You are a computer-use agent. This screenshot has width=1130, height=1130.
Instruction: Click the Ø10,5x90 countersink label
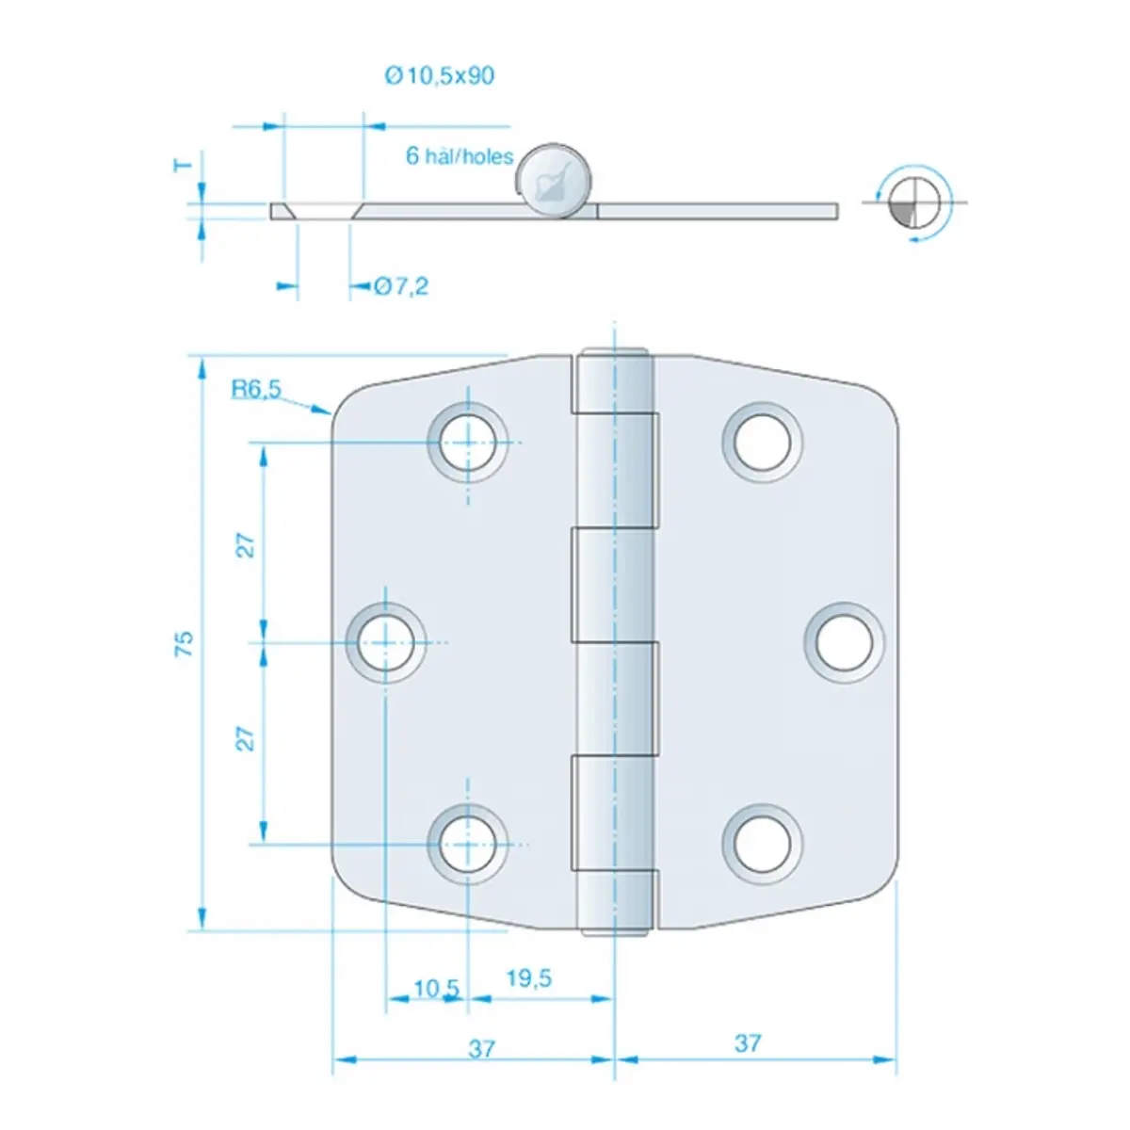pos(439,75)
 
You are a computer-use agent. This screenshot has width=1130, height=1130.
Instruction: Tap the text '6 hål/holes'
pos(460,156)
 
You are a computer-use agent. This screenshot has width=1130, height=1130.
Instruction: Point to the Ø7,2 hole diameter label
pos(401,286)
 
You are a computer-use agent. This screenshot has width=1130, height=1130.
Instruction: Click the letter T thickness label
pos(183,166)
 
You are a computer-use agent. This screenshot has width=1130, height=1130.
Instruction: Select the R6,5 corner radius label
pos(256,388)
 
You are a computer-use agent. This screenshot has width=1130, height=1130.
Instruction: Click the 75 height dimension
pos(185,643)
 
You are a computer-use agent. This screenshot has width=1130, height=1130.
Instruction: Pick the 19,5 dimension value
pos(529,977)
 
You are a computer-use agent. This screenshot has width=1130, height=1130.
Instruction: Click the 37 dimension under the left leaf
pos(481,1048)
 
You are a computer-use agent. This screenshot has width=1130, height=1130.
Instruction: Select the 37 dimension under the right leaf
pos(749,1043)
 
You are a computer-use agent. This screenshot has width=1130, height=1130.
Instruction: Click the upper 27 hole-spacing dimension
pos(247,545)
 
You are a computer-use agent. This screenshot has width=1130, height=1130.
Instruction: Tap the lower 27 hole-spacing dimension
pos(247,739)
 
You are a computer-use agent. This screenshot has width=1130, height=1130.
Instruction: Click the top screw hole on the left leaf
pos(467,443)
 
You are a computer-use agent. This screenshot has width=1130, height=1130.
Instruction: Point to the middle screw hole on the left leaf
pos(385,643)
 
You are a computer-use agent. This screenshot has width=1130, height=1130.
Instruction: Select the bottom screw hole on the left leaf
pos(467,845)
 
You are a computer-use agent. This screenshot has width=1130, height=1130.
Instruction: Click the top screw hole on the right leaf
pos(763,443)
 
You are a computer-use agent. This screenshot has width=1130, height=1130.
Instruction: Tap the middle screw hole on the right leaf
pos(845,643)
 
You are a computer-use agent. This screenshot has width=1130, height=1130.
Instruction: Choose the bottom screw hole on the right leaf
pos(763,845)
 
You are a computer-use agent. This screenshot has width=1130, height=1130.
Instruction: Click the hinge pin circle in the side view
pos(553,180)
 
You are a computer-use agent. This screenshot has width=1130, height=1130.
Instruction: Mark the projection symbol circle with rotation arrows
pos(914,202)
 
